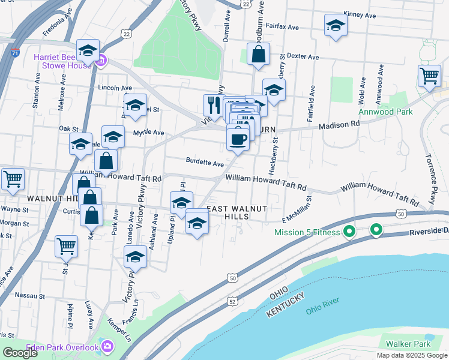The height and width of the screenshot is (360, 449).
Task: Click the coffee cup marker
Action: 238,139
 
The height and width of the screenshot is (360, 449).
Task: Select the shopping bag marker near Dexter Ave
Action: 257,54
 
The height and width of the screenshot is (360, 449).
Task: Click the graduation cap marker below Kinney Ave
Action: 336,26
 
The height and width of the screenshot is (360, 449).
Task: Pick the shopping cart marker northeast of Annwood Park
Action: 429,76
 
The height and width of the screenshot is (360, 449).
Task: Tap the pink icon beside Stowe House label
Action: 101,60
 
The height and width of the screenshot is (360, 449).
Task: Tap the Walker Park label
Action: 408,344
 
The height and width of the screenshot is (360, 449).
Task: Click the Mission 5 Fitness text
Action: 307,232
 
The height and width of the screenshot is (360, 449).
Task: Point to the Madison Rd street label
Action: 339,124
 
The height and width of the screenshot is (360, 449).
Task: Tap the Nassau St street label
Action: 30,296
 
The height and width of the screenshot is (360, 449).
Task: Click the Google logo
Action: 20,352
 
